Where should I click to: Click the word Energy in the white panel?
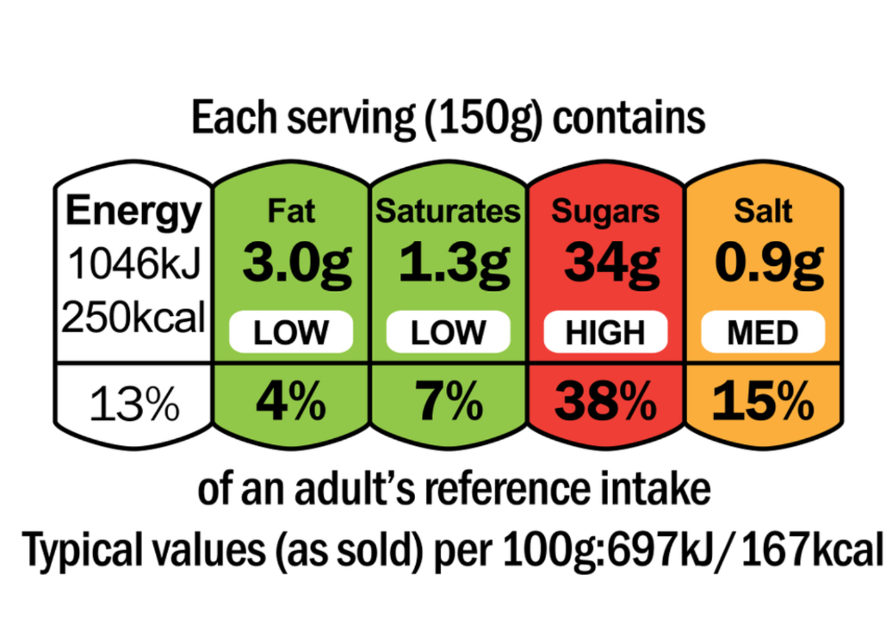(133, 212)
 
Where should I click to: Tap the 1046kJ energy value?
(133, 266)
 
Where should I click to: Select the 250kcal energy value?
(133, 319)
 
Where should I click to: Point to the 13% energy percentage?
(133, 404)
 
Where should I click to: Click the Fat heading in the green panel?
(291, 210)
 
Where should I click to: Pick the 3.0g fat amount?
(291, 263)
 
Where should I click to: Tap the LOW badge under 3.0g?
(291, 332)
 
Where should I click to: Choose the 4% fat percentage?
(291, 401)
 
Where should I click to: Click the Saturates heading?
(449, 210)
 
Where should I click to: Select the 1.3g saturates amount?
(449, 263)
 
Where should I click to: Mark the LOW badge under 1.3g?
(449, 332)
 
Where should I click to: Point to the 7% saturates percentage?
(449, 401)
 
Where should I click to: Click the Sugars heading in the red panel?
(605, 210)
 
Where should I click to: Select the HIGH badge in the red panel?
(605, 332)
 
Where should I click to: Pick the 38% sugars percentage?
(605, 401)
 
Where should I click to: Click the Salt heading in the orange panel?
(763, 210)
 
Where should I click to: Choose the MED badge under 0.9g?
(763, 332)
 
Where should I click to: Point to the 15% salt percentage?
(763, 401)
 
